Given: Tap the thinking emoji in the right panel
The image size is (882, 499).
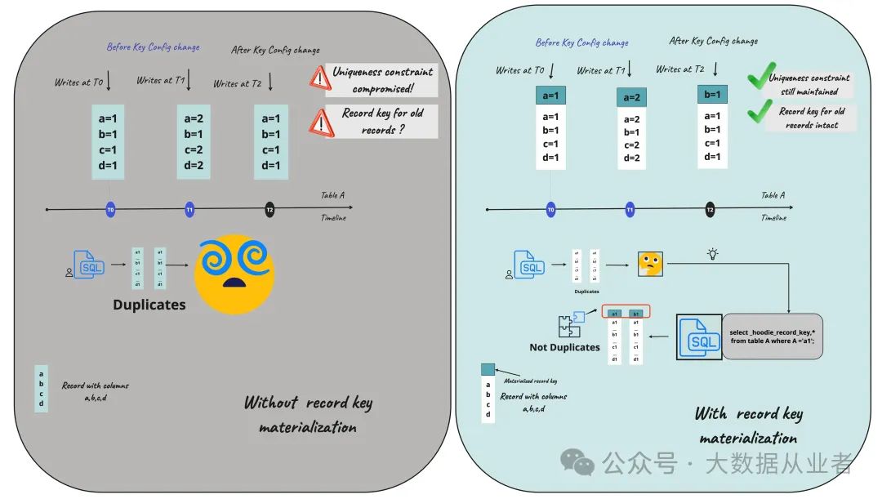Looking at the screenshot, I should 650,264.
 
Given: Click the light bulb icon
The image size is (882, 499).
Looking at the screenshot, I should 712,254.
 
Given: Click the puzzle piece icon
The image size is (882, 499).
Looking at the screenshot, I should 569,324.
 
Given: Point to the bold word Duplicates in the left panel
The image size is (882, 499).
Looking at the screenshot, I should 149,305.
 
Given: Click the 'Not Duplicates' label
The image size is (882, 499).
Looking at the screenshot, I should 564,347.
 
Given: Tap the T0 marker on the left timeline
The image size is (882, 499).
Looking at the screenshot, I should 110,210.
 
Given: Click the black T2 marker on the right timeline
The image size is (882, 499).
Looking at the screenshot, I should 710,210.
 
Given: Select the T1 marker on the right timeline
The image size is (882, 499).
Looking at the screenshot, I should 630,210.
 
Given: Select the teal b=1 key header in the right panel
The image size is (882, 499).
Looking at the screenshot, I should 712,95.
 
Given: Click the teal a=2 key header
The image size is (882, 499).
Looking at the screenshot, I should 631,97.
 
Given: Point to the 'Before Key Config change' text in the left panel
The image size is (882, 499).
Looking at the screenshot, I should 154,47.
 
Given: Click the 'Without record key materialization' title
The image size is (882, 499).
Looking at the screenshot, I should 308,414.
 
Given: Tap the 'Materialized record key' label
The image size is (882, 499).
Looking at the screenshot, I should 530,381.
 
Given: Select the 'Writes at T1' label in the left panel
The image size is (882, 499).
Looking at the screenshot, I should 160,80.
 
